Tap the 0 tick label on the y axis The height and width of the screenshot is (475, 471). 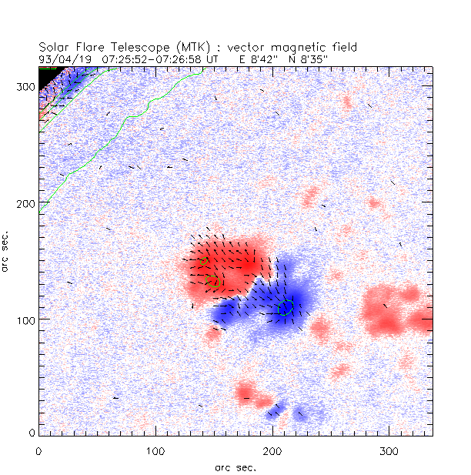pos(31,433)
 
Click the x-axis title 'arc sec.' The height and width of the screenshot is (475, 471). pos(235,467)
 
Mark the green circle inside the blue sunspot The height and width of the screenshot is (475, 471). pos(286,307)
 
